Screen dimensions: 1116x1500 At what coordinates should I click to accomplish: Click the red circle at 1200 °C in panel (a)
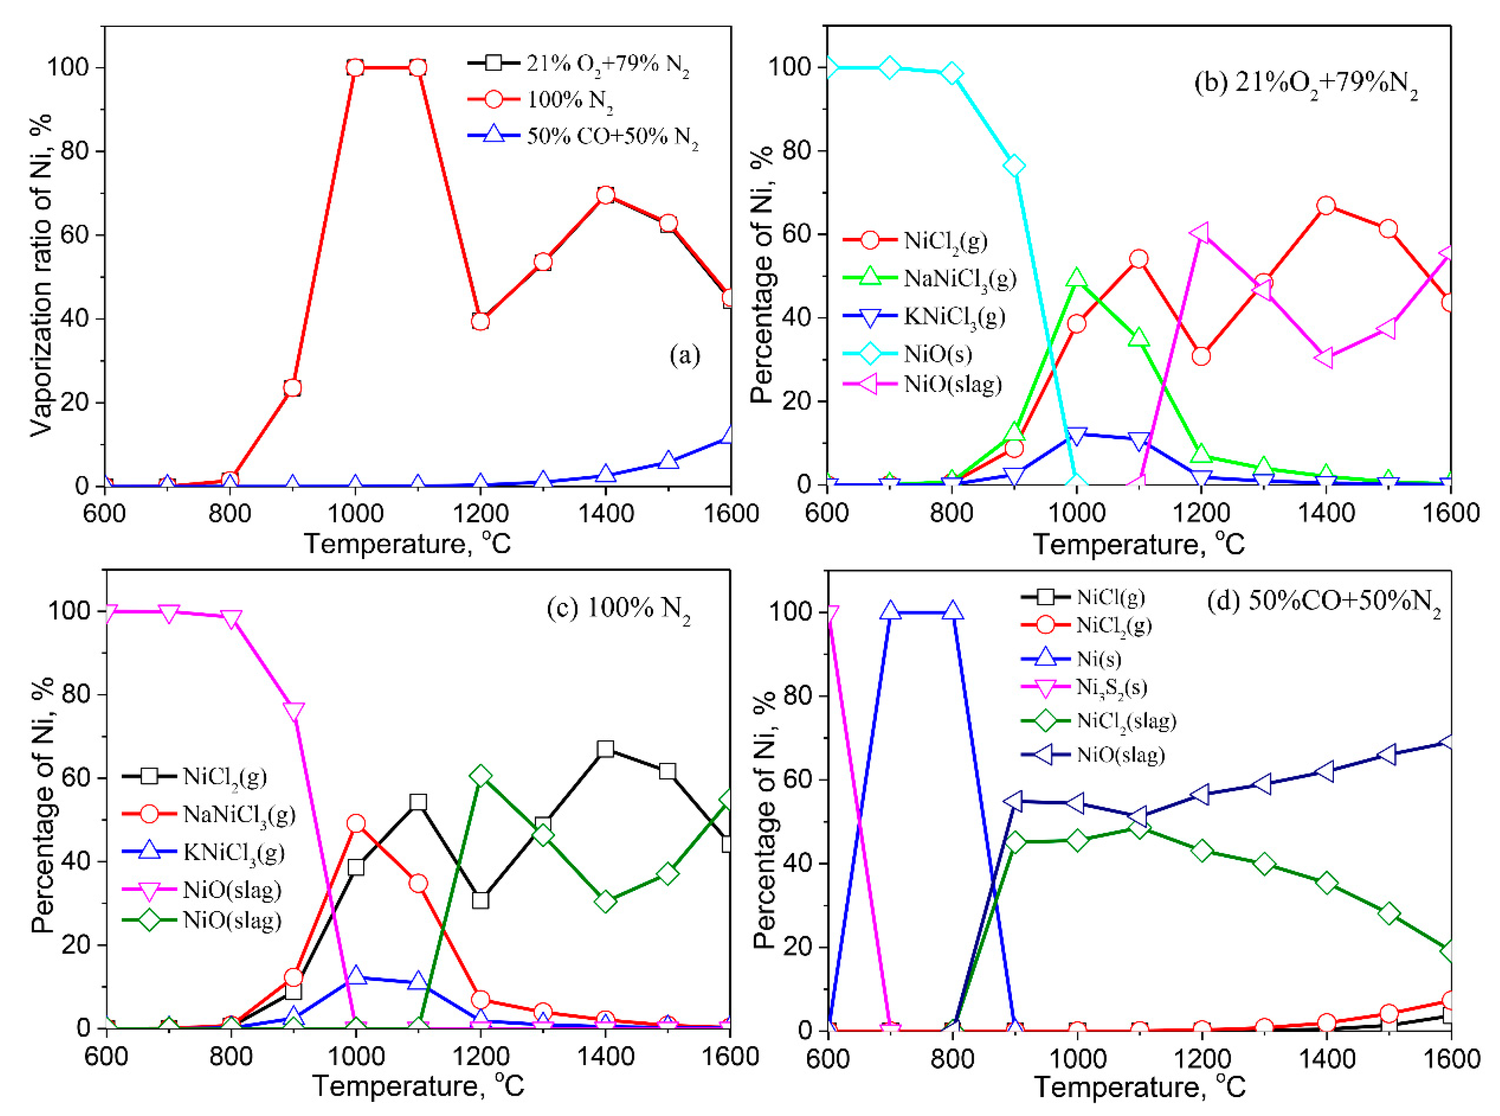tap(480, 321)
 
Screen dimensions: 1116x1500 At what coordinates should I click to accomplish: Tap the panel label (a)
tap(684, 354)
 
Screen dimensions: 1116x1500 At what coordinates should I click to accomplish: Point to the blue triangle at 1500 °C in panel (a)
tap(668, 461)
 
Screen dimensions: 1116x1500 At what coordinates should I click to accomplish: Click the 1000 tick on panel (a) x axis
tap(355, 514)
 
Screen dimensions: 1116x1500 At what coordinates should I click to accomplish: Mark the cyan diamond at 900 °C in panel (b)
tap(1014, 166)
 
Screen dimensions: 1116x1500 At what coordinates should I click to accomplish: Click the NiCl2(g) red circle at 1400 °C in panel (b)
tap(1326, 205)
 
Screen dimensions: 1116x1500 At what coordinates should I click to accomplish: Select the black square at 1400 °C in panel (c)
tap(606, 749)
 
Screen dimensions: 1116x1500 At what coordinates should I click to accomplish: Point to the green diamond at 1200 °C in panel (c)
tap(480, 775)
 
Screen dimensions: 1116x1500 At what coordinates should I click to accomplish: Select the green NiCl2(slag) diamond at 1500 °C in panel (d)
tap(1389, 914)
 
